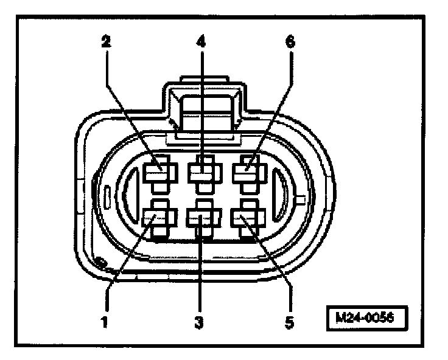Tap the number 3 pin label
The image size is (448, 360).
pyautogui.click(x=198, y=321)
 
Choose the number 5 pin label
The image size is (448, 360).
pyautogui.click(x=290, y=321)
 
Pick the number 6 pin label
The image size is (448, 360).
pyautogui.click(x=290, y=43)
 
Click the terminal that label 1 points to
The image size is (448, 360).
pyautogui.click(x=157, y=218)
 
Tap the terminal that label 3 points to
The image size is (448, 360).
pyautogui.click(x=201, y=218)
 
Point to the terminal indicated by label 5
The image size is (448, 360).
pyautogui.click(x=246, y=218)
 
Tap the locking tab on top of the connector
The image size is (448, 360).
pyautogui.click(x=203, y=109)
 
